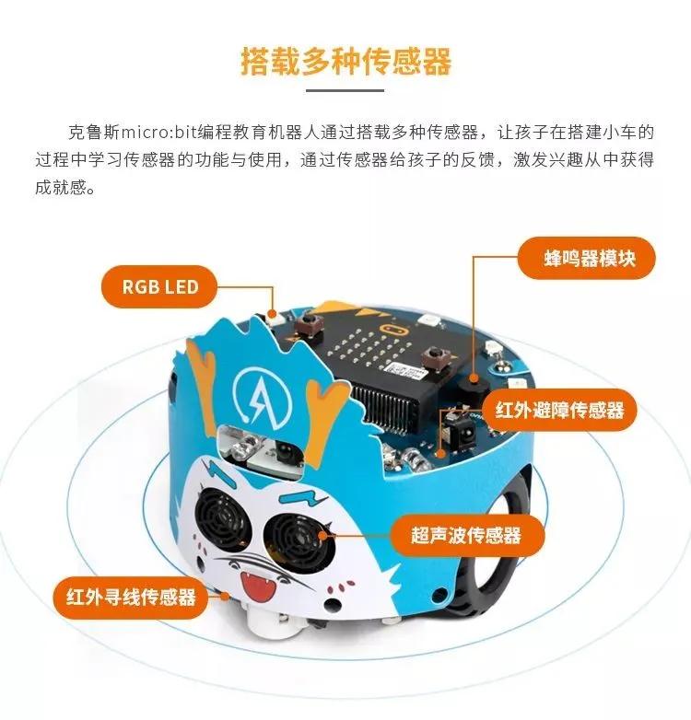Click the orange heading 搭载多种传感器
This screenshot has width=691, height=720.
345,61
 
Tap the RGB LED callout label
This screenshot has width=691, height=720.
159,286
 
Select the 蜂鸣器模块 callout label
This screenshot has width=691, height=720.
587,258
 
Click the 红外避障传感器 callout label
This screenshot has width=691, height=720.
559,410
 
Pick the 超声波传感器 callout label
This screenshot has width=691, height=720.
467,536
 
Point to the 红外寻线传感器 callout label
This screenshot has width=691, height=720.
131,598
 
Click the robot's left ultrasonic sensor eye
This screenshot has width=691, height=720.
219,517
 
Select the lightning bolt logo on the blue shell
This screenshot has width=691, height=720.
261,394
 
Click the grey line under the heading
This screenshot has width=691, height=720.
345,90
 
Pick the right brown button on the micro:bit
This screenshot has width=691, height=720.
433,355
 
